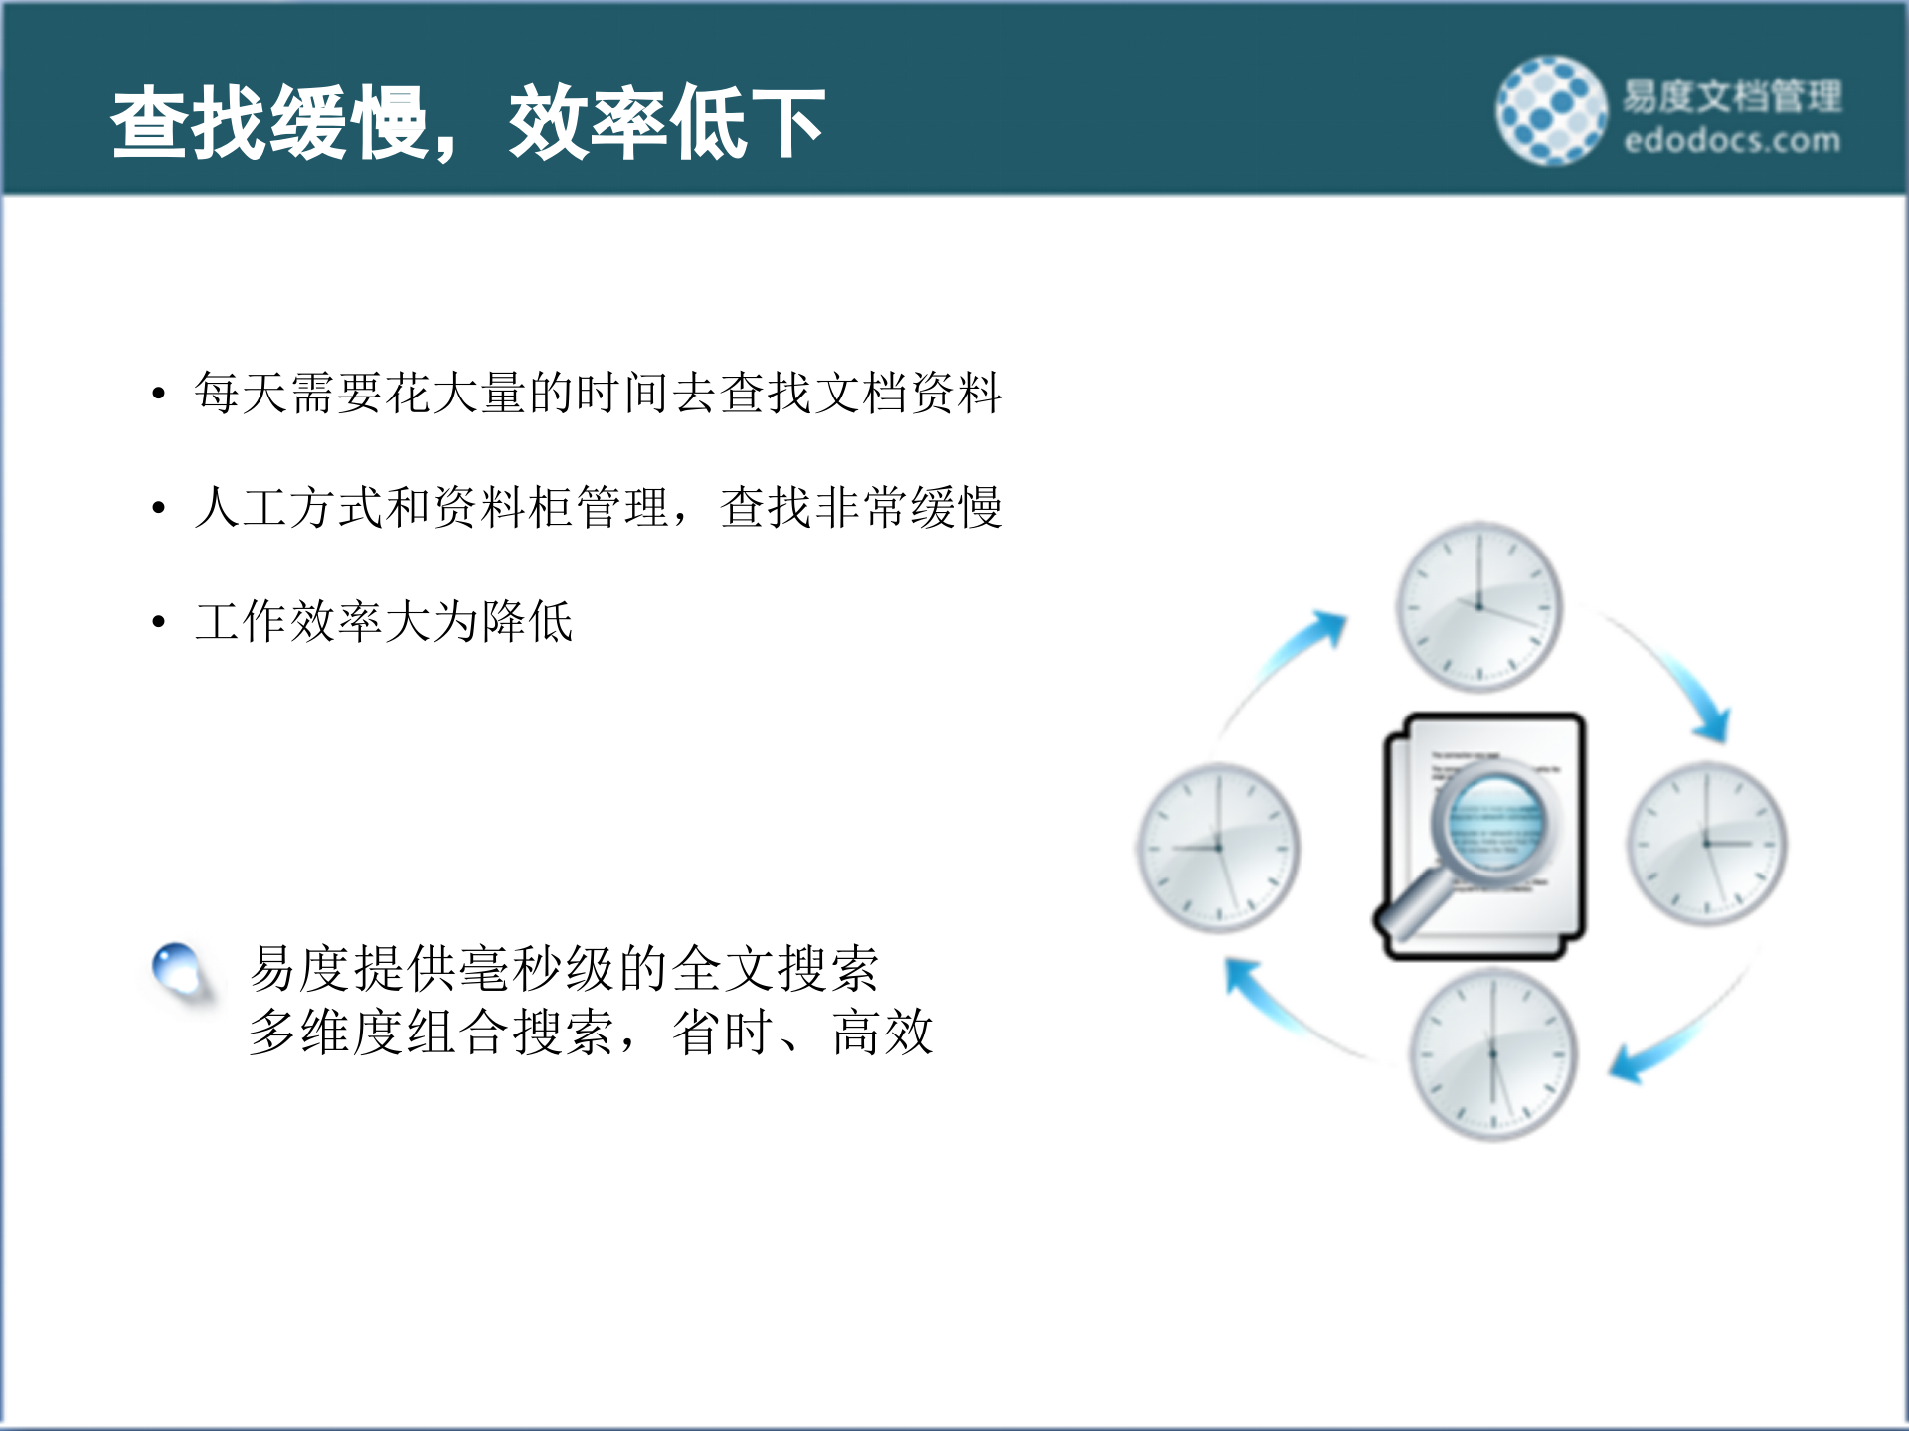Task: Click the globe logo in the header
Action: (1551, 110)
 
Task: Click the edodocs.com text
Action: (1731, 141)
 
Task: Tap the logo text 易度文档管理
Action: (1731, 96)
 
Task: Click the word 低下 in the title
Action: (746, 123)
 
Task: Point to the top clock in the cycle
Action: (1478, 606)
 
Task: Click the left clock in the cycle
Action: (1218, 848)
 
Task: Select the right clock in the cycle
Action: (1706, 844)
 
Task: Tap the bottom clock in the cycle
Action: (1492, 1054)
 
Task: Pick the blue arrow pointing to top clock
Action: (1293, 656)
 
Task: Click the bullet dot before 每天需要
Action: (158, 394)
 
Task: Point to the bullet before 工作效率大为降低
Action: (158, 623)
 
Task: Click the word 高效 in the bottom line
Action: (882, 1033)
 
